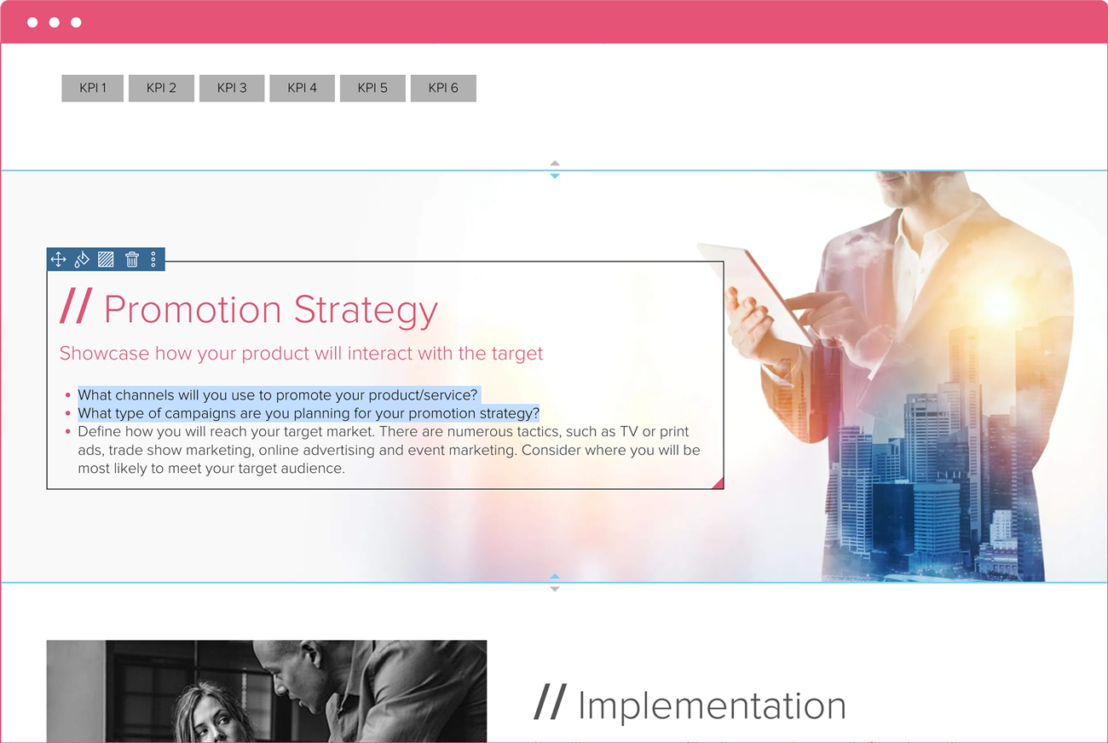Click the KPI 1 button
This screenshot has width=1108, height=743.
click(x=92, y=88)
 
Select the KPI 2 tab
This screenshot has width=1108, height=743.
click(x=161, y=88)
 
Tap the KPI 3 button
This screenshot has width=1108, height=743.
click(x=232, y=88)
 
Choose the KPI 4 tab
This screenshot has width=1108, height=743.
click(x=302, y=88)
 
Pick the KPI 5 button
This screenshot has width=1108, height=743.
click(x=372, y=88)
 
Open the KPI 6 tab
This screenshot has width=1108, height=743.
click(x=443, y=88)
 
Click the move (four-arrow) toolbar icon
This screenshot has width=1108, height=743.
click(x=58, y=259)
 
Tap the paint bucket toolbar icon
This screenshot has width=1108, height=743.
click(x=82, y=259)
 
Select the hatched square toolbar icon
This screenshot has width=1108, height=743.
click(x=106, y=259)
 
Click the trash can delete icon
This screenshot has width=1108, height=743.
click(x=131, y=259)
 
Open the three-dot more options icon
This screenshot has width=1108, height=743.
click(x=153, y=259)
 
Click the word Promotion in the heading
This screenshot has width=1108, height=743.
click(x=193, y=309)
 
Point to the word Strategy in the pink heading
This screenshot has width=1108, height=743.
click(x=366, y=311)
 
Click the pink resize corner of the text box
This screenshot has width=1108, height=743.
click(x=718, y=484)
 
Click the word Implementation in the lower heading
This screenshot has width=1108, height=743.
click(x=712, y=706)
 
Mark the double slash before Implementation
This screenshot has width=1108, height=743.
click(x=550, y=703)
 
